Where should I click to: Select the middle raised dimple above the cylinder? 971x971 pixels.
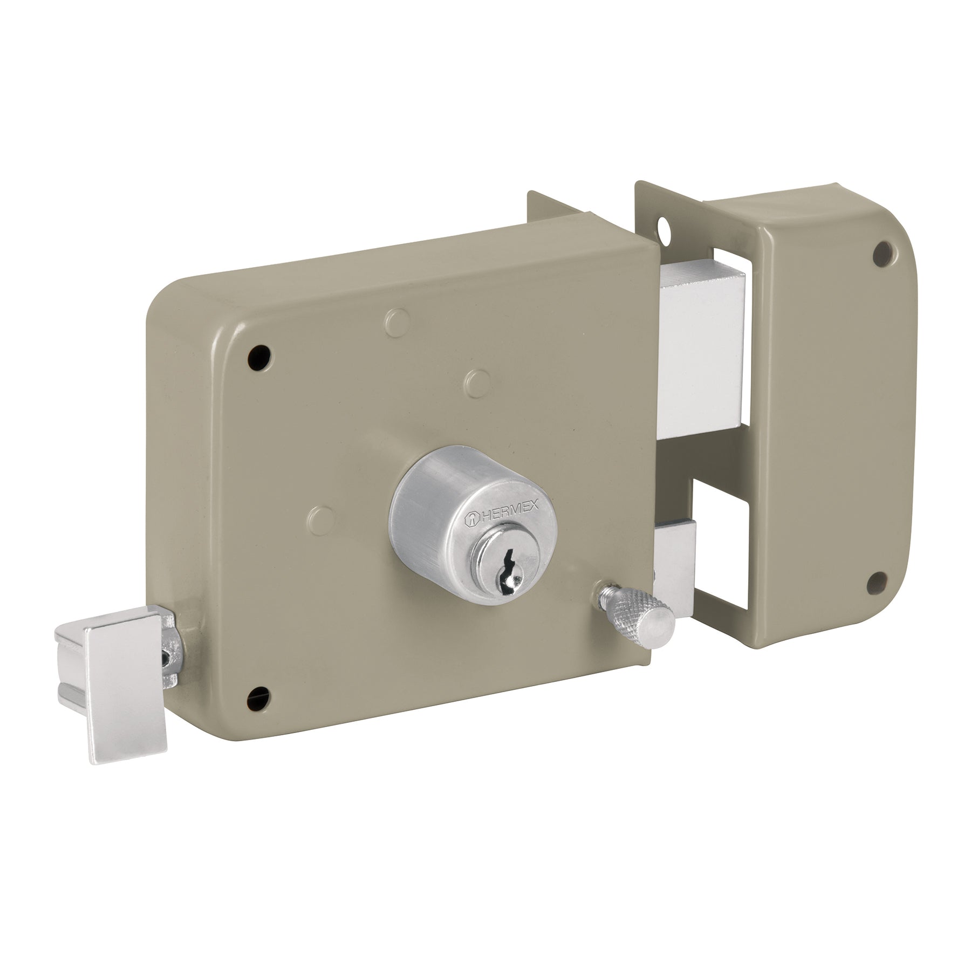475,381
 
